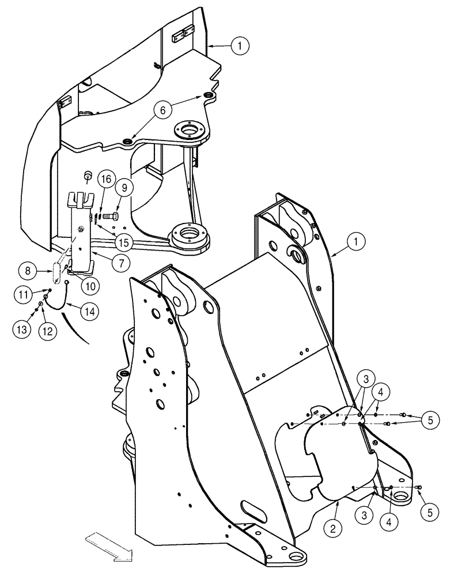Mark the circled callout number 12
[x=48, y=329]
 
